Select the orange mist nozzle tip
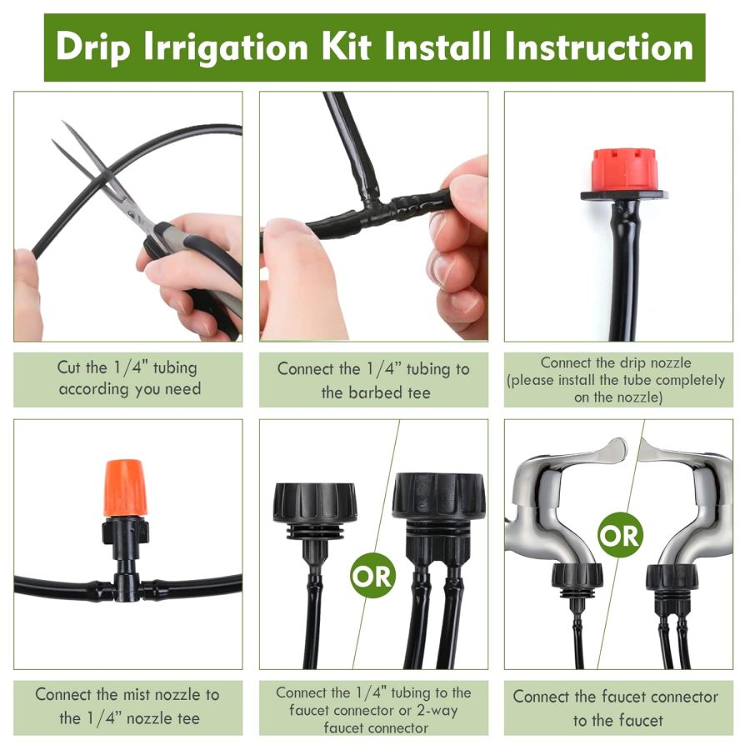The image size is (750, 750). [x=125, y=487]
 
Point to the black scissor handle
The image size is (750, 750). [x=200, y=275]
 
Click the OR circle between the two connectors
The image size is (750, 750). [x=372, y=575]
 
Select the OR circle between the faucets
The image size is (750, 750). [x=621, y=536]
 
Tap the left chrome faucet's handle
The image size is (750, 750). [x=583, y=454]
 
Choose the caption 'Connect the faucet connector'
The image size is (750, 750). [x=615, y=696]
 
